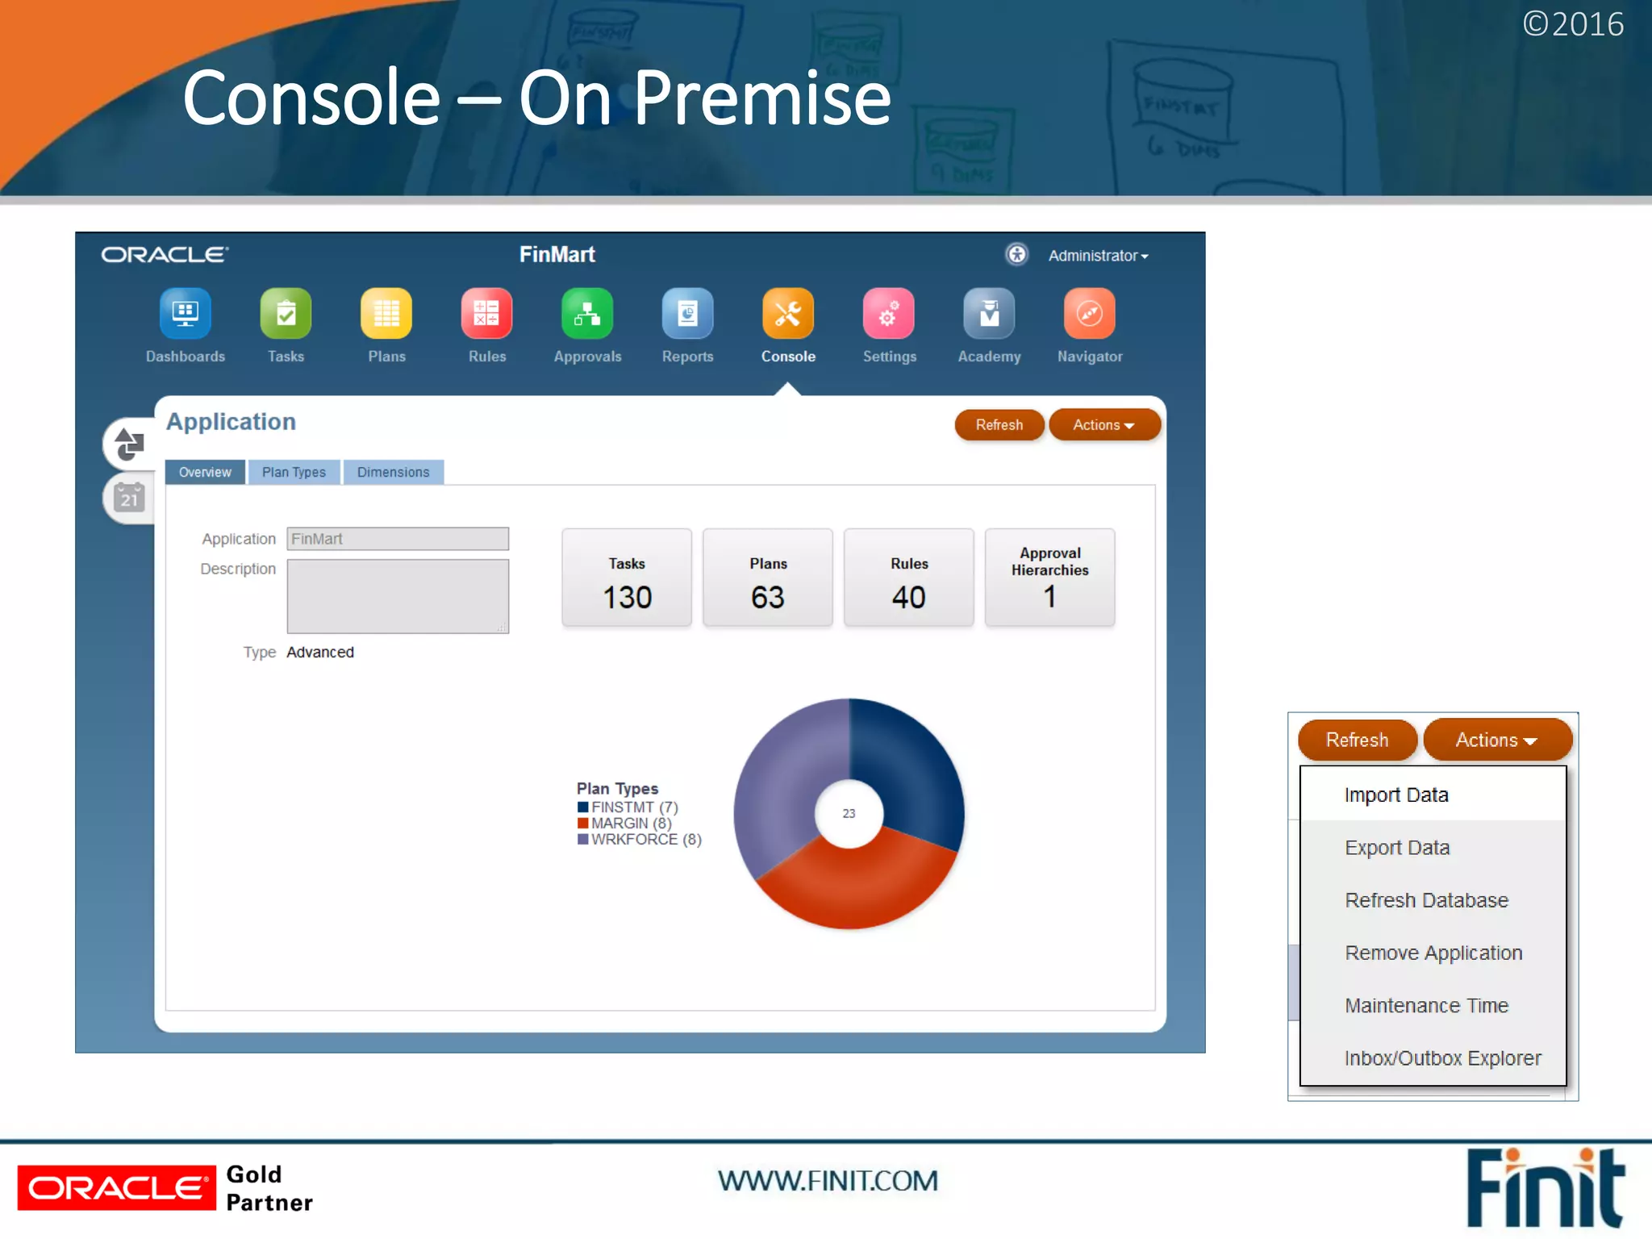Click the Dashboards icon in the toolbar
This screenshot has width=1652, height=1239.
tap(185, 314)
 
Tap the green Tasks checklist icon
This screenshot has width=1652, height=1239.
tap(286, 314)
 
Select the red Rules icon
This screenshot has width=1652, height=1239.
tap(486, 314)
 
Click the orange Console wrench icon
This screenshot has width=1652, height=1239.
tap(788, 314)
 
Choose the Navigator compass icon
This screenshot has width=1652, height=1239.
tap(1089, 314)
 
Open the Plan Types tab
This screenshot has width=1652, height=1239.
tap(294, 472)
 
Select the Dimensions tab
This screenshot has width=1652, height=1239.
tap(393, 472)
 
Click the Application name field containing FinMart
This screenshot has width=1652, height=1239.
tap(398, 539)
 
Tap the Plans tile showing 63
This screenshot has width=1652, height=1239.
tap(767, 578)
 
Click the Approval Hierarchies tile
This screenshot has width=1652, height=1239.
tap(1049, 578)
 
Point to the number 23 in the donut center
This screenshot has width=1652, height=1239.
tap(849, 814)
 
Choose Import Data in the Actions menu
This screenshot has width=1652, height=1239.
tap(1396, 795)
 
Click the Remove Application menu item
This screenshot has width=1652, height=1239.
tap(1433, 953)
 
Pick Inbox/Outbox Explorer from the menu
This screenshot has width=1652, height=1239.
tap(1442, 1058)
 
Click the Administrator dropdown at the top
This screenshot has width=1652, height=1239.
tap(1097, 256)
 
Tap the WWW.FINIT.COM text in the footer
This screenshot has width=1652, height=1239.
tap(828, 1181)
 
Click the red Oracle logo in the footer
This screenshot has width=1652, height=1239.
tap(117, 1188)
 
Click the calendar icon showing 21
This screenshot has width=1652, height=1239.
tap(129, 499)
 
